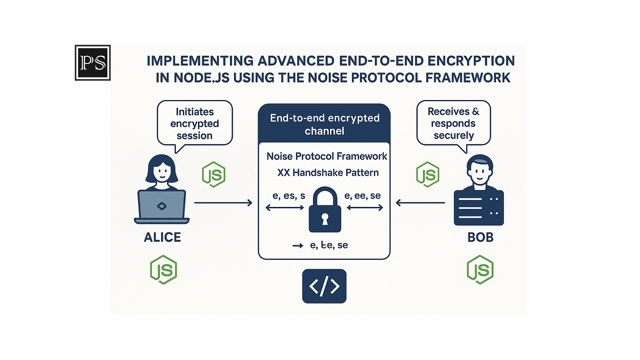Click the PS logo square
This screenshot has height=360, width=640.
pyautogui.click(x=93, y=63)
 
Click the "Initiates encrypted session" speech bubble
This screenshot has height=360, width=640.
pyautogui.click(x=195, y=123)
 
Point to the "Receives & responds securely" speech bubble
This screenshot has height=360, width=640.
pyautogui.click(x=454, y=123)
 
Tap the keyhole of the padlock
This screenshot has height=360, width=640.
pyautogui.click(x=325, y=219)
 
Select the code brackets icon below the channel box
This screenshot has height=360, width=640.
pyautogui.click(x=324, y=286)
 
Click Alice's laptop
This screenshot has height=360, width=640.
pyautogui.click(x=162, y=207)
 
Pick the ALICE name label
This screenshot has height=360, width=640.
pyautogui.click(x=162, y=238)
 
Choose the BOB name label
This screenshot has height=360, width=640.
pyautogui.click(x=480, y=238)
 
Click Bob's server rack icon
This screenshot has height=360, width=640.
pyautogui.click(x=479, y=208)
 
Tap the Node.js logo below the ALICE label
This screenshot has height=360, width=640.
pyautogui.click(x=164, y=270)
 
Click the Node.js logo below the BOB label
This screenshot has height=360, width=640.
pyautogui.click(x=480, y=270)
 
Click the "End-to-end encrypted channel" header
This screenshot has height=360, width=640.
pyautogui.click(x=325, y=124)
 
